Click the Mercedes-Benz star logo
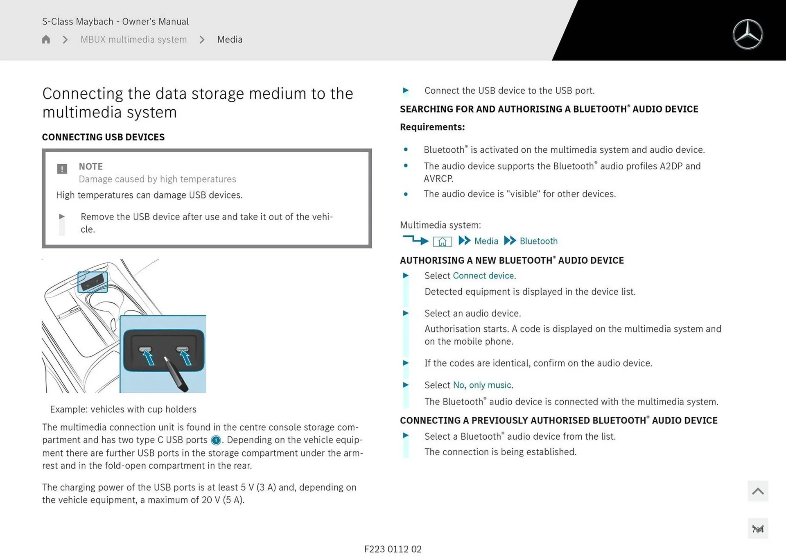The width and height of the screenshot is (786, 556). (748, 34)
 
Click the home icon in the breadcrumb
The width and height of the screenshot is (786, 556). (46, 39)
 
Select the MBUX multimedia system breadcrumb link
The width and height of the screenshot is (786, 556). (133, 39)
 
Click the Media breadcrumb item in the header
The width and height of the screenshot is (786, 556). (230, 39)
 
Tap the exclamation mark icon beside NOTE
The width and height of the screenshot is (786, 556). (62, 169)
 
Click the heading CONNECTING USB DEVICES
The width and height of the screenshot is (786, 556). (103, 137)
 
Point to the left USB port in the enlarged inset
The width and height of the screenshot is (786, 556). (145, 349)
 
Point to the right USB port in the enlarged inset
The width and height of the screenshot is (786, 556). (182, 349)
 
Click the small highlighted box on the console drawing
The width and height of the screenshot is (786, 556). (93, 282)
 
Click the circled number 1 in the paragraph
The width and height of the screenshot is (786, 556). (216, 440)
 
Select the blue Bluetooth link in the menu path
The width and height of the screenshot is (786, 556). (538, 241)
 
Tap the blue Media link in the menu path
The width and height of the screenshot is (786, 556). (486, 241)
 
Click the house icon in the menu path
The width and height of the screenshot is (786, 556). (442, 242)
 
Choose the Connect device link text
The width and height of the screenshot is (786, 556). (483, 276)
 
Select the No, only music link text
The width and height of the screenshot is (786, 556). (482, 385)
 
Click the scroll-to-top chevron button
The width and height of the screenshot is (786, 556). (757, 491)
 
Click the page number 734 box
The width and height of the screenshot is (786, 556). (757, 529)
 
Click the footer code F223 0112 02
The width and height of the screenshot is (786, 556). (393, 549)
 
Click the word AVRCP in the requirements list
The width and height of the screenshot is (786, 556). (438, 179)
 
